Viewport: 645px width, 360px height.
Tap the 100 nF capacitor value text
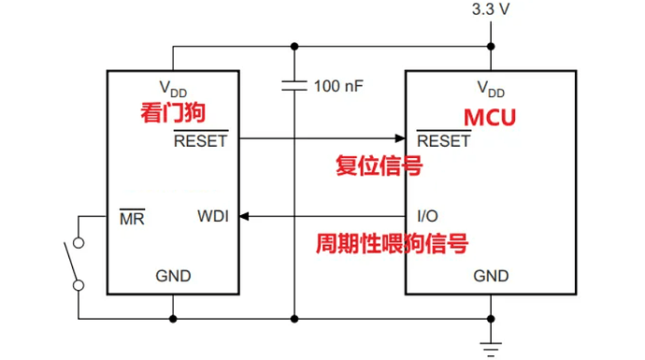338,86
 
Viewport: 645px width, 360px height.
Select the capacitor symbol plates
294,86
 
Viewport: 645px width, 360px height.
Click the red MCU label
490,119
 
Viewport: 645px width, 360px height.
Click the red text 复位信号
378,166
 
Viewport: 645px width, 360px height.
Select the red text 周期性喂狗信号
391,244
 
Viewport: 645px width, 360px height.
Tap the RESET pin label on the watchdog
200,141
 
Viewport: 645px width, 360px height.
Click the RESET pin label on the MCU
443,141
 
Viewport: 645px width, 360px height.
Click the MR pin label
132,217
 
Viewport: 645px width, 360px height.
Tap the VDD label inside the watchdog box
173,88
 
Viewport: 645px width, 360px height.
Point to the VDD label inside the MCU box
491,89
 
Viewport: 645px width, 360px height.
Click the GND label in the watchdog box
173,276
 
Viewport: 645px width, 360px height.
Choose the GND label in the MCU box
491,276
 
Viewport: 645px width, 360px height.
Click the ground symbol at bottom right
491,347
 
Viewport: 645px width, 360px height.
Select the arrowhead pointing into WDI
246,217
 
